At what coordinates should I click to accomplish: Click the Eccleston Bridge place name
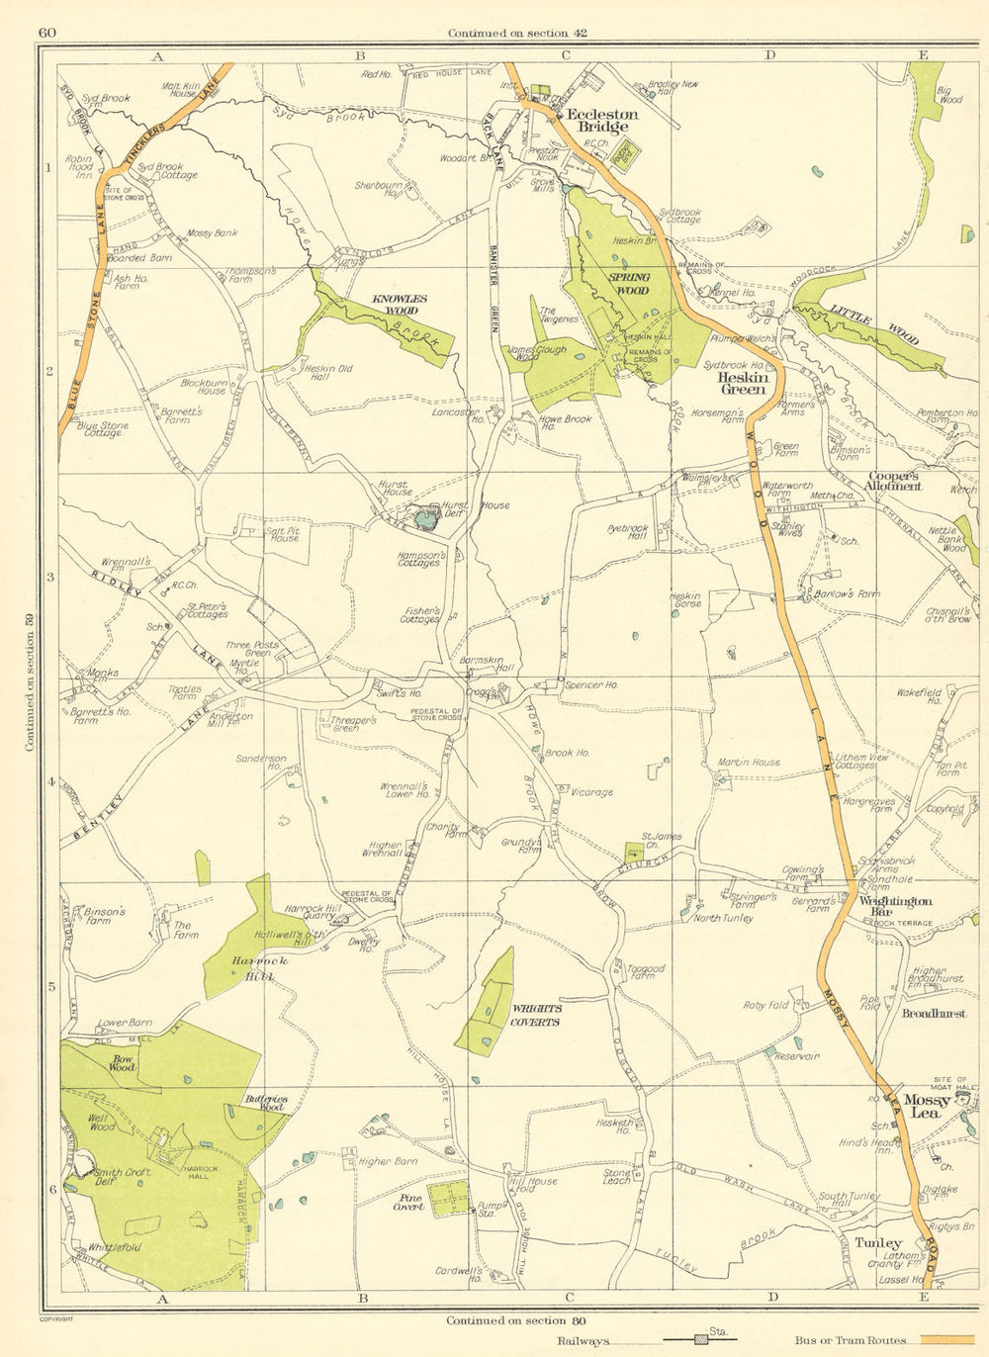pos(602,121)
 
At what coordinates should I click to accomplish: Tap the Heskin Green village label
pos(742,383)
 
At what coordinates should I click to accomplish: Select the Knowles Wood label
pos(400,304)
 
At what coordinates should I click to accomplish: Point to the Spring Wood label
pos(630,284)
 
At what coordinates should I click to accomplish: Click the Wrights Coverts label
pos(536,1015)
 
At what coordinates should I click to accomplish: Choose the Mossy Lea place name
pos(929,1106)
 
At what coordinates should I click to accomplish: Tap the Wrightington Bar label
pos(895,906)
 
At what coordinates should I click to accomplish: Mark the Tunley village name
pos(878,1243)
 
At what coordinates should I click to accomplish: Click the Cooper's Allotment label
pos(892,481)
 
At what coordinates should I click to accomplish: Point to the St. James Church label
pos(663,841)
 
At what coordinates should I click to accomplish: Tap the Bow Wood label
pos(123,1063)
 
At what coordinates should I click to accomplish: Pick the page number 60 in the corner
pos(46,33)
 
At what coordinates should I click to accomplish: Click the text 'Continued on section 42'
pos(517,33)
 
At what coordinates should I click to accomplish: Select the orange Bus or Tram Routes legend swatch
pos(952,1340)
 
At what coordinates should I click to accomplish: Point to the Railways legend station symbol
pos(702,1340)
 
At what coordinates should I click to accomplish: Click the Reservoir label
pos(797,1056)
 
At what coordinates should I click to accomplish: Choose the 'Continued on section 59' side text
pos(30,683)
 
